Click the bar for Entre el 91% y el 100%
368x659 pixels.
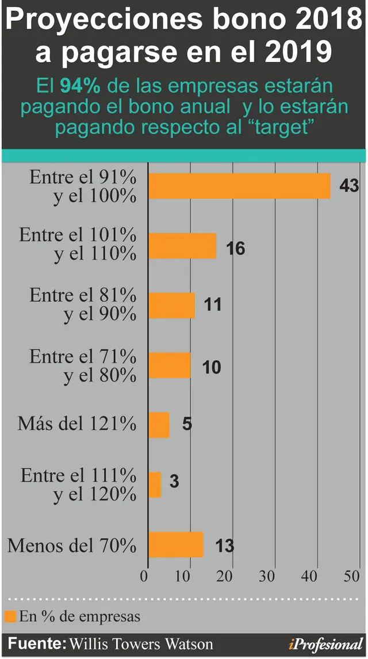point(239,186)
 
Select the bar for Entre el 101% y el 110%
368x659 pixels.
point(182,246)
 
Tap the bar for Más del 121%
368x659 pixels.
point(159,425)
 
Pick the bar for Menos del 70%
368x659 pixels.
point(176,544)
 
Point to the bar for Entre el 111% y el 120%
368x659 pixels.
point(155,484)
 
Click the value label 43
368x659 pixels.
point(349,186)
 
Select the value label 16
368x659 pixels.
point(235,248)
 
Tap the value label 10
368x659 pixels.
point(212,367)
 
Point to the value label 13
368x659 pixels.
point(225,546)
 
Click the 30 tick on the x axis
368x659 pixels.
point(267,576)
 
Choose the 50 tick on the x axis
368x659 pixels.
point(351,576)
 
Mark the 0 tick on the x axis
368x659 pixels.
point(144,576)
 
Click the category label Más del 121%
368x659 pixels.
point(77,424)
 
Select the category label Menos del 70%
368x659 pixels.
point(72,546)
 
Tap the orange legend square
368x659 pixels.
point(10,616)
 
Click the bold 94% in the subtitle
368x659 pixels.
point(80,86)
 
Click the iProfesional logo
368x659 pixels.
point(325,644)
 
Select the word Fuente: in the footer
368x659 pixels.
point(37,643)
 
